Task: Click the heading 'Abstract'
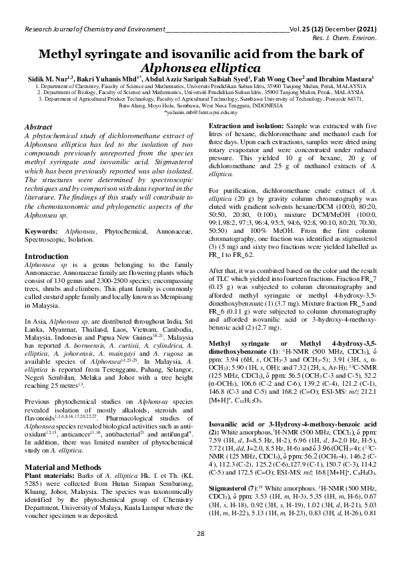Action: [38, 126]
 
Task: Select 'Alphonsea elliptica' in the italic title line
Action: [198, 68]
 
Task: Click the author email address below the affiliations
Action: [198, 113]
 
